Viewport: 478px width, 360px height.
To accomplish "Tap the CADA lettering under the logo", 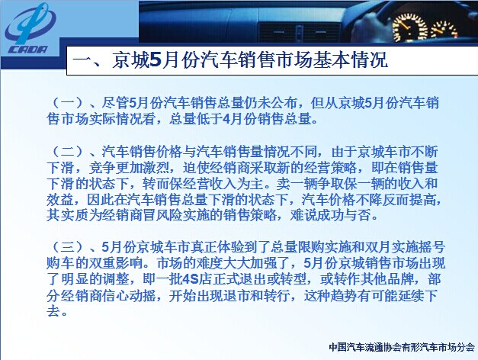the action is pyautogui.click(x=28, y=50).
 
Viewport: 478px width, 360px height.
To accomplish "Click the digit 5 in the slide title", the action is pyautogui.click(x=156, y=59).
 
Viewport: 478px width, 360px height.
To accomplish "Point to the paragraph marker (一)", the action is pyautogui.click(x=68, y=103).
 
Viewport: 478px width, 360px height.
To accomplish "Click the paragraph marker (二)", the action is pyautogui.click(x=68, y=151).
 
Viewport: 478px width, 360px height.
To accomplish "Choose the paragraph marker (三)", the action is pyautogui.click(x=68, y=247).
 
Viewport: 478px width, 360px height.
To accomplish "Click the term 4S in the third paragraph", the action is pyautogui.click(x=191, y=279).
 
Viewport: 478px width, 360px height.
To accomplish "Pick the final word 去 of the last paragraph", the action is pyautogui.click(x=53, y=311).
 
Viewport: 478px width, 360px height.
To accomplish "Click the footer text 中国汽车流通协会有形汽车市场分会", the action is pyautogui.click(x=402, y=347).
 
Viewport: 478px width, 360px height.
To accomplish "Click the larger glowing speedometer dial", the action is pyautogui.click(x=410, y=27).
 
